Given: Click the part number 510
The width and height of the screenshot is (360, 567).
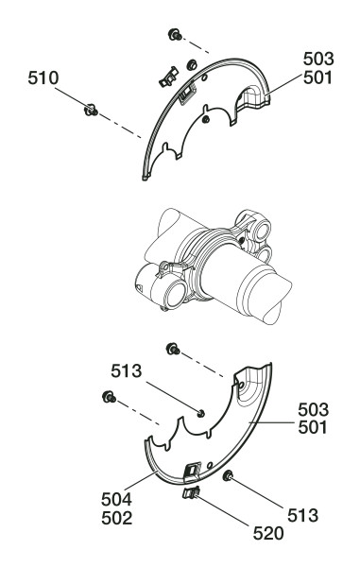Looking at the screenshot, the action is tap(43, 78).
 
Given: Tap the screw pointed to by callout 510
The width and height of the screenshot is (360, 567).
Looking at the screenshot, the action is tap(91, 110).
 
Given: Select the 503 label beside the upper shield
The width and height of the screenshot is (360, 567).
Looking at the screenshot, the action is tap(318, 59).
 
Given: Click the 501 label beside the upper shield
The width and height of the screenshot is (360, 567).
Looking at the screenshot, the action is tap(317, 77).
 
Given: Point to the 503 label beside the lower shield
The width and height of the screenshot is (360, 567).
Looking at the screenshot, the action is tap(314, 410).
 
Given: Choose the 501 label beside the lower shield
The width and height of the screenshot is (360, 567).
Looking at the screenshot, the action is tap(313, 428).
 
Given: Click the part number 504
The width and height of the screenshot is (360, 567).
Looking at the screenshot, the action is tap(117, 500).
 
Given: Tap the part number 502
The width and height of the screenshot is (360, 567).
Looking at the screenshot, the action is tap(117, 519).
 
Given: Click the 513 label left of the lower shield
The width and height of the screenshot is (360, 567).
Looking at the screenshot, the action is tap(127, 371).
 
